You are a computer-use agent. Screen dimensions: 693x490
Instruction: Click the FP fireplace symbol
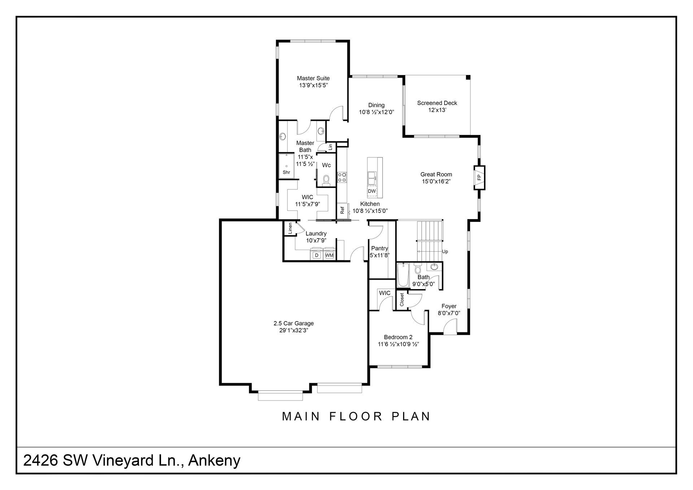click(479, 178)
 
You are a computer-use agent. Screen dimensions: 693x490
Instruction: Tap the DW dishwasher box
click(372, 191)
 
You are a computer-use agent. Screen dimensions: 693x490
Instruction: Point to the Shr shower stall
click(286, 166)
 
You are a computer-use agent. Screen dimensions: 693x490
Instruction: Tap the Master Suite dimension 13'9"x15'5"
click(313, 86)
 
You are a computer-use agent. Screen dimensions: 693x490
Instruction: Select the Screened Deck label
click(437, 103)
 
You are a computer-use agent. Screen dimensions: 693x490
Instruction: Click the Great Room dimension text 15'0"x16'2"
click(436, 181)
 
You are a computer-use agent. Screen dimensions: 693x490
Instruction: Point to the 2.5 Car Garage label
click(293, 323)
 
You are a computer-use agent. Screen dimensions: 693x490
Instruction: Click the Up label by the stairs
click(445, 252)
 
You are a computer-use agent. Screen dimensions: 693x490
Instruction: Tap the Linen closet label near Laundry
click(290, 228)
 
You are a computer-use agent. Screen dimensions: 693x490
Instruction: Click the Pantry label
click(380, 249)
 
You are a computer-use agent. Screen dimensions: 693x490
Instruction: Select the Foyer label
click(449, 306)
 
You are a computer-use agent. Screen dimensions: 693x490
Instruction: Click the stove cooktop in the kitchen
click(342, 177)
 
